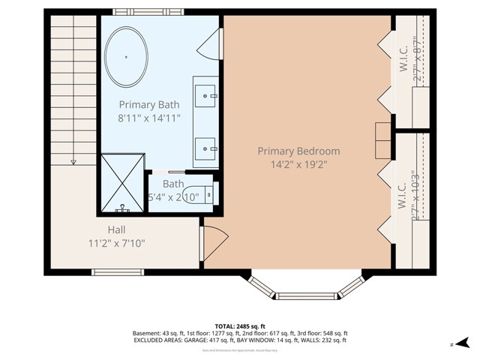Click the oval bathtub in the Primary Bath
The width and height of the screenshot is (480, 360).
(126, 58)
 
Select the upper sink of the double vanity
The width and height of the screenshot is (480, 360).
(206, 94)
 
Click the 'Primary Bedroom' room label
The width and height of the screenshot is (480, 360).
(298, 151)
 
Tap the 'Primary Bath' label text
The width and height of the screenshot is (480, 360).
(148, 105)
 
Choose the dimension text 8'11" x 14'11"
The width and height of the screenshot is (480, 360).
(148, 118)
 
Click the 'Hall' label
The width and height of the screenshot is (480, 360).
(116, 229)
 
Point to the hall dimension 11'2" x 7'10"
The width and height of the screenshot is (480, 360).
(116, 242)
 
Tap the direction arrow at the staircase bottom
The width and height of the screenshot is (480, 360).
(73, 160)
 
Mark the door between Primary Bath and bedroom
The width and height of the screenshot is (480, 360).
(211, 46)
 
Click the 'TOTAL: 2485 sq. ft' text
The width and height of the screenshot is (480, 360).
(240, 325)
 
